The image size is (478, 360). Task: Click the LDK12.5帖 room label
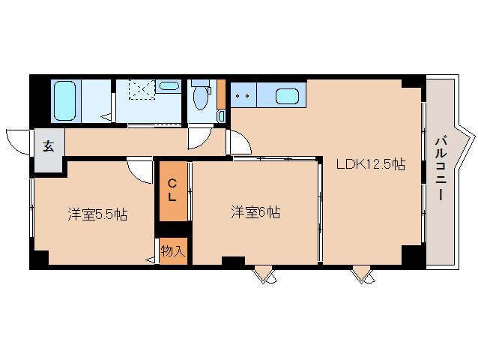pyautogui.click(x=371, y=164)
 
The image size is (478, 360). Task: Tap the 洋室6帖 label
pyautogui.click(x=255, y=212)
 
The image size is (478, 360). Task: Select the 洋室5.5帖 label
pyautogui.click(x=97, y=214)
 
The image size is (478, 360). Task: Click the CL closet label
pyautogui.click(x=172, y=190)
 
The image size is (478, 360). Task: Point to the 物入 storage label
pyautogui.click(x=173, y=250)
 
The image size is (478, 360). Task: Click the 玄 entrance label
pyautogui.click(x=49, y=146)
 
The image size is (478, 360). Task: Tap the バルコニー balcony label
pyautogui.click(x=441, y=169)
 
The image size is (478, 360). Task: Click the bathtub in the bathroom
pyautogui.click(x=64, y=100)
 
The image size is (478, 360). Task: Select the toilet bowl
pyautogui.click(x=201, y=97)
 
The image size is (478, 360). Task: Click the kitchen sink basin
pyautogui.click(x=287, y=96)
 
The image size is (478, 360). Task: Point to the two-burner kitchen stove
pyautogui.click(x=243, y=95)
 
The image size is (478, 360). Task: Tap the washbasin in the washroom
pyautogui.click(x=169, y=85)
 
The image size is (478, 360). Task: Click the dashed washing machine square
pyautogui.click(x=142, y=89)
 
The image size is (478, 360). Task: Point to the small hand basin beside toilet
pyautogui.click(x=221, y=116)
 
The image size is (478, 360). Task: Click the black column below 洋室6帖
pyautogui.click(x=233, y=261)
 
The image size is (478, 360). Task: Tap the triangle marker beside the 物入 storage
pyautogui.click(x=150, y=260)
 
